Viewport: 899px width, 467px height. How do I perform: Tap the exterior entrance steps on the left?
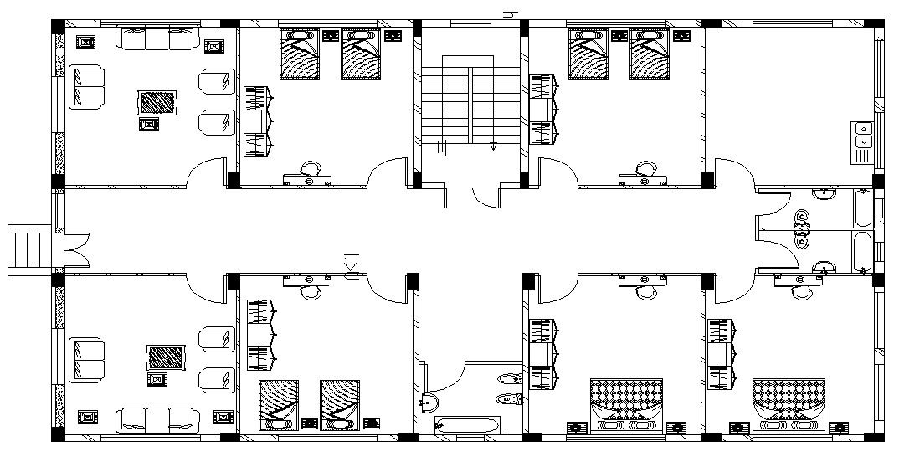pyautogui.click(x=29, y=249)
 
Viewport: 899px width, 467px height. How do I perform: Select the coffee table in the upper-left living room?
pyautogui.click(x=157, y=103)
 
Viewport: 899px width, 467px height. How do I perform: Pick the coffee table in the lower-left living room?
pyautogui.click(x=166, y=357)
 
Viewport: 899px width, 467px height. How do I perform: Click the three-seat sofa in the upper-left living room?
pyautogui.click(x=158, y=38)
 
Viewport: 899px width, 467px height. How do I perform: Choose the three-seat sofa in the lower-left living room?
pyautogui.click(x=157, y=418)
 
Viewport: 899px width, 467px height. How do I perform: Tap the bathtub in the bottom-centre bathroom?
pyautogui.click(x=460, y=426)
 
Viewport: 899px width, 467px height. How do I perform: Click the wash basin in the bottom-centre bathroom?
pyautogui.click(x=428, y=403)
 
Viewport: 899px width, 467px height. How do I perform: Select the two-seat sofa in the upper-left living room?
pyautogui.click(x=86, y=87)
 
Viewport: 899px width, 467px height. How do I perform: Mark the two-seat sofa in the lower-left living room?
pyautogui.click(x=86, y=359)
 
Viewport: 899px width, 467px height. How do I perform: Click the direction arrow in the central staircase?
pyautogui.click(x=493, y=145)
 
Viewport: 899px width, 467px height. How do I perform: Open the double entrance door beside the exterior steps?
pyautogui.click(x=72, y=249)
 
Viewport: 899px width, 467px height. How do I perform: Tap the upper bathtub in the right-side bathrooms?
pyautogui.click(x=861, y=208)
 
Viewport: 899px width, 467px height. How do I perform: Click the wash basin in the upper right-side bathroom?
pyautogui.click(x=825, y=194)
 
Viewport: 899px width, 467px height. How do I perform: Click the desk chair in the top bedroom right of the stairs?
pyautogui.click(x=645, y=168)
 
